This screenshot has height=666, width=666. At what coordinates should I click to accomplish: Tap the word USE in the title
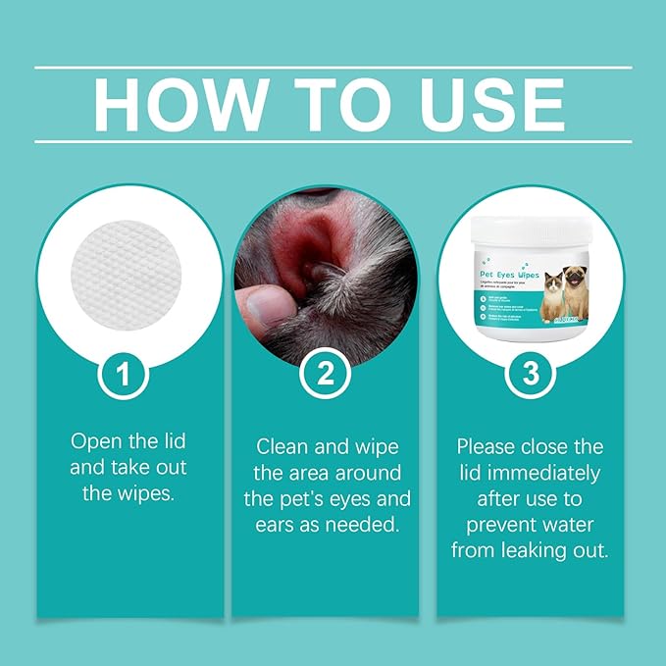point(486,103)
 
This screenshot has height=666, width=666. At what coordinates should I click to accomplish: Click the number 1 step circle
point(124,373)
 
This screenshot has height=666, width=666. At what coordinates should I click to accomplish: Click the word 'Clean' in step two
point(285,447)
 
